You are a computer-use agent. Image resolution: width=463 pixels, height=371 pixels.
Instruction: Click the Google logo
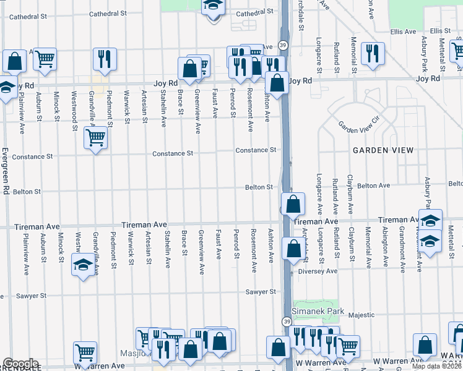(20, 364)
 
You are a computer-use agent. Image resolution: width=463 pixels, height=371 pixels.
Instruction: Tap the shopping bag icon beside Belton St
(292, 203)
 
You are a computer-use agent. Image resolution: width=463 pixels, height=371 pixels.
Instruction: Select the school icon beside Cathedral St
(212, 6)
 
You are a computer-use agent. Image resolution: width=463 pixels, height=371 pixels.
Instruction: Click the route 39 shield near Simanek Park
(287, 322)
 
